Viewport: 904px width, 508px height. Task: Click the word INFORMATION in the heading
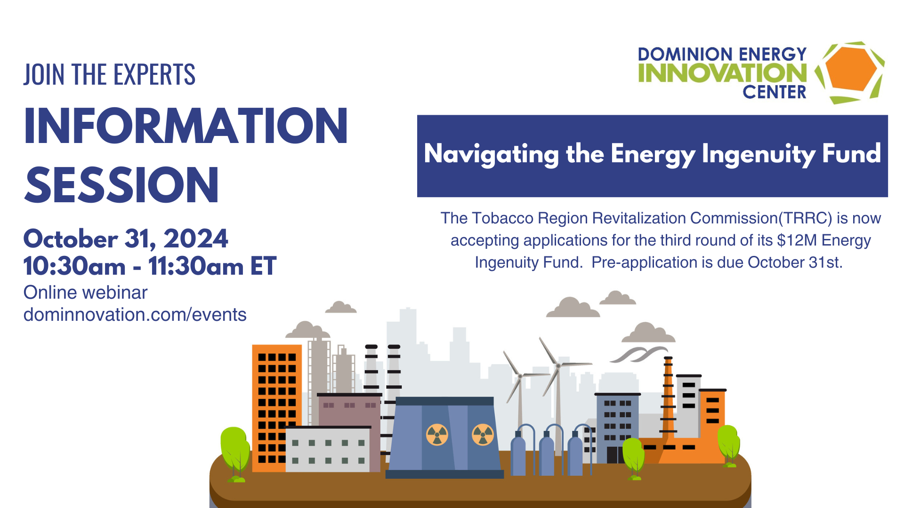(186, 126)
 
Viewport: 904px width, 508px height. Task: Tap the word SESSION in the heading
(121, 185)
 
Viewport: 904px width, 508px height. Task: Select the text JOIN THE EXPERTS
(109, 74)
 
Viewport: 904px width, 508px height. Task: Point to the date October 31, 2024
(126, 238)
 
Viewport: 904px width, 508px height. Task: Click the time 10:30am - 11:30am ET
(150, 266)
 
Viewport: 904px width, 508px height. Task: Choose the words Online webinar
(85, 293)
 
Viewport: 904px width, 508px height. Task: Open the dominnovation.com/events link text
(135, 315)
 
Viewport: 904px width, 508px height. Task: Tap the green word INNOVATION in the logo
(722, 73)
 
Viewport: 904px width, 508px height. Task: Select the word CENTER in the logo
(775, 92)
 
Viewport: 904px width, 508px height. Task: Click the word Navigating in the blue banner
(492, 154)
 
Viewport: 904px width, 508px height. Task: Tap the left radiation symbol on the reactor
(437, 434)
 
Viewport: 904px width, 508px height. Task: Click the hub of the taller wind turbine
(558, 365)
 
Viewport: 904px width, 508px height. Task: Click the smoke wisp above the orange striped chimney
(639, 354)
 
